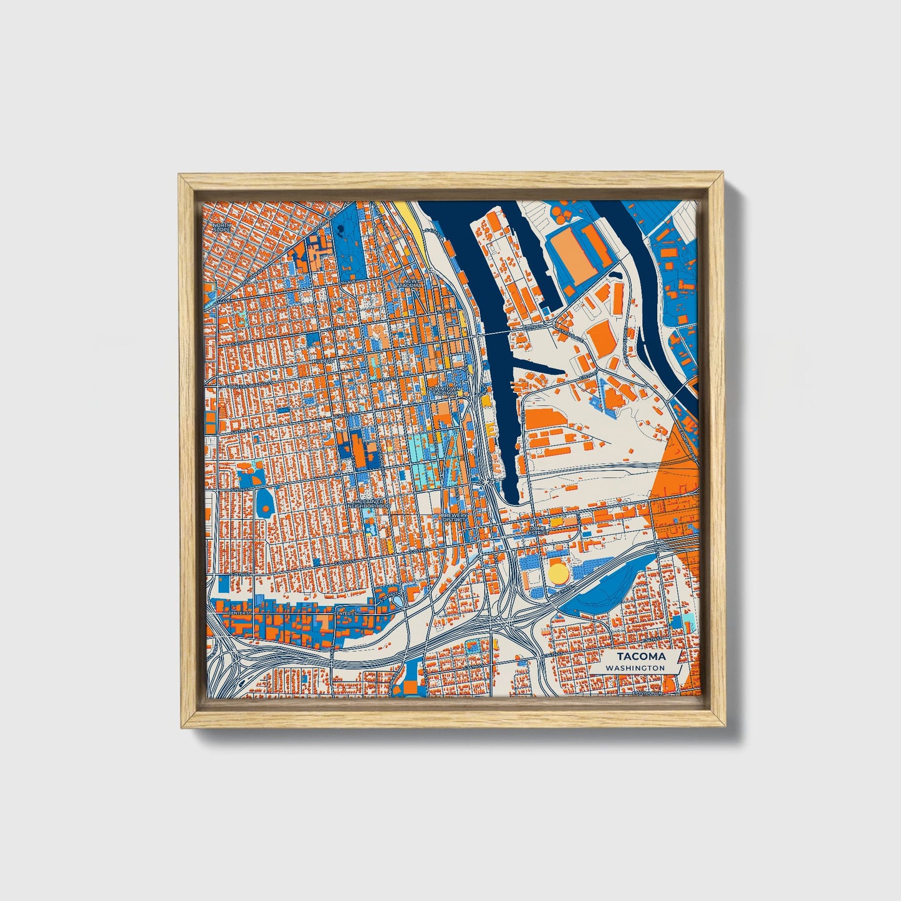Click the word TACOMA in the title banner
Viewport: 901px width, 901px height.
coord(641,657)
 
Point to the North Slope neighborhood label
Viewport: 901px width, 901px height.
coord(221,228)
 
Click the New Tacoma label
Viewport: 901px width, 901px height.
coord(413,284)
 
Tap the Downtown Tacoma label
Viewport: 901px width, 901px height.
coord(443,391)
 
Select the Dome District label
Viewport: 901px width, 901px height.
coord(537,531)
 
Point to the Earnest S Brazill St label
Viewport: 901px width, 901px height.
coord(242,385)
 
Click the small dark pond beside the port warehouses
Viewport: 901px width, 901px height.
coord(615,274)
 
